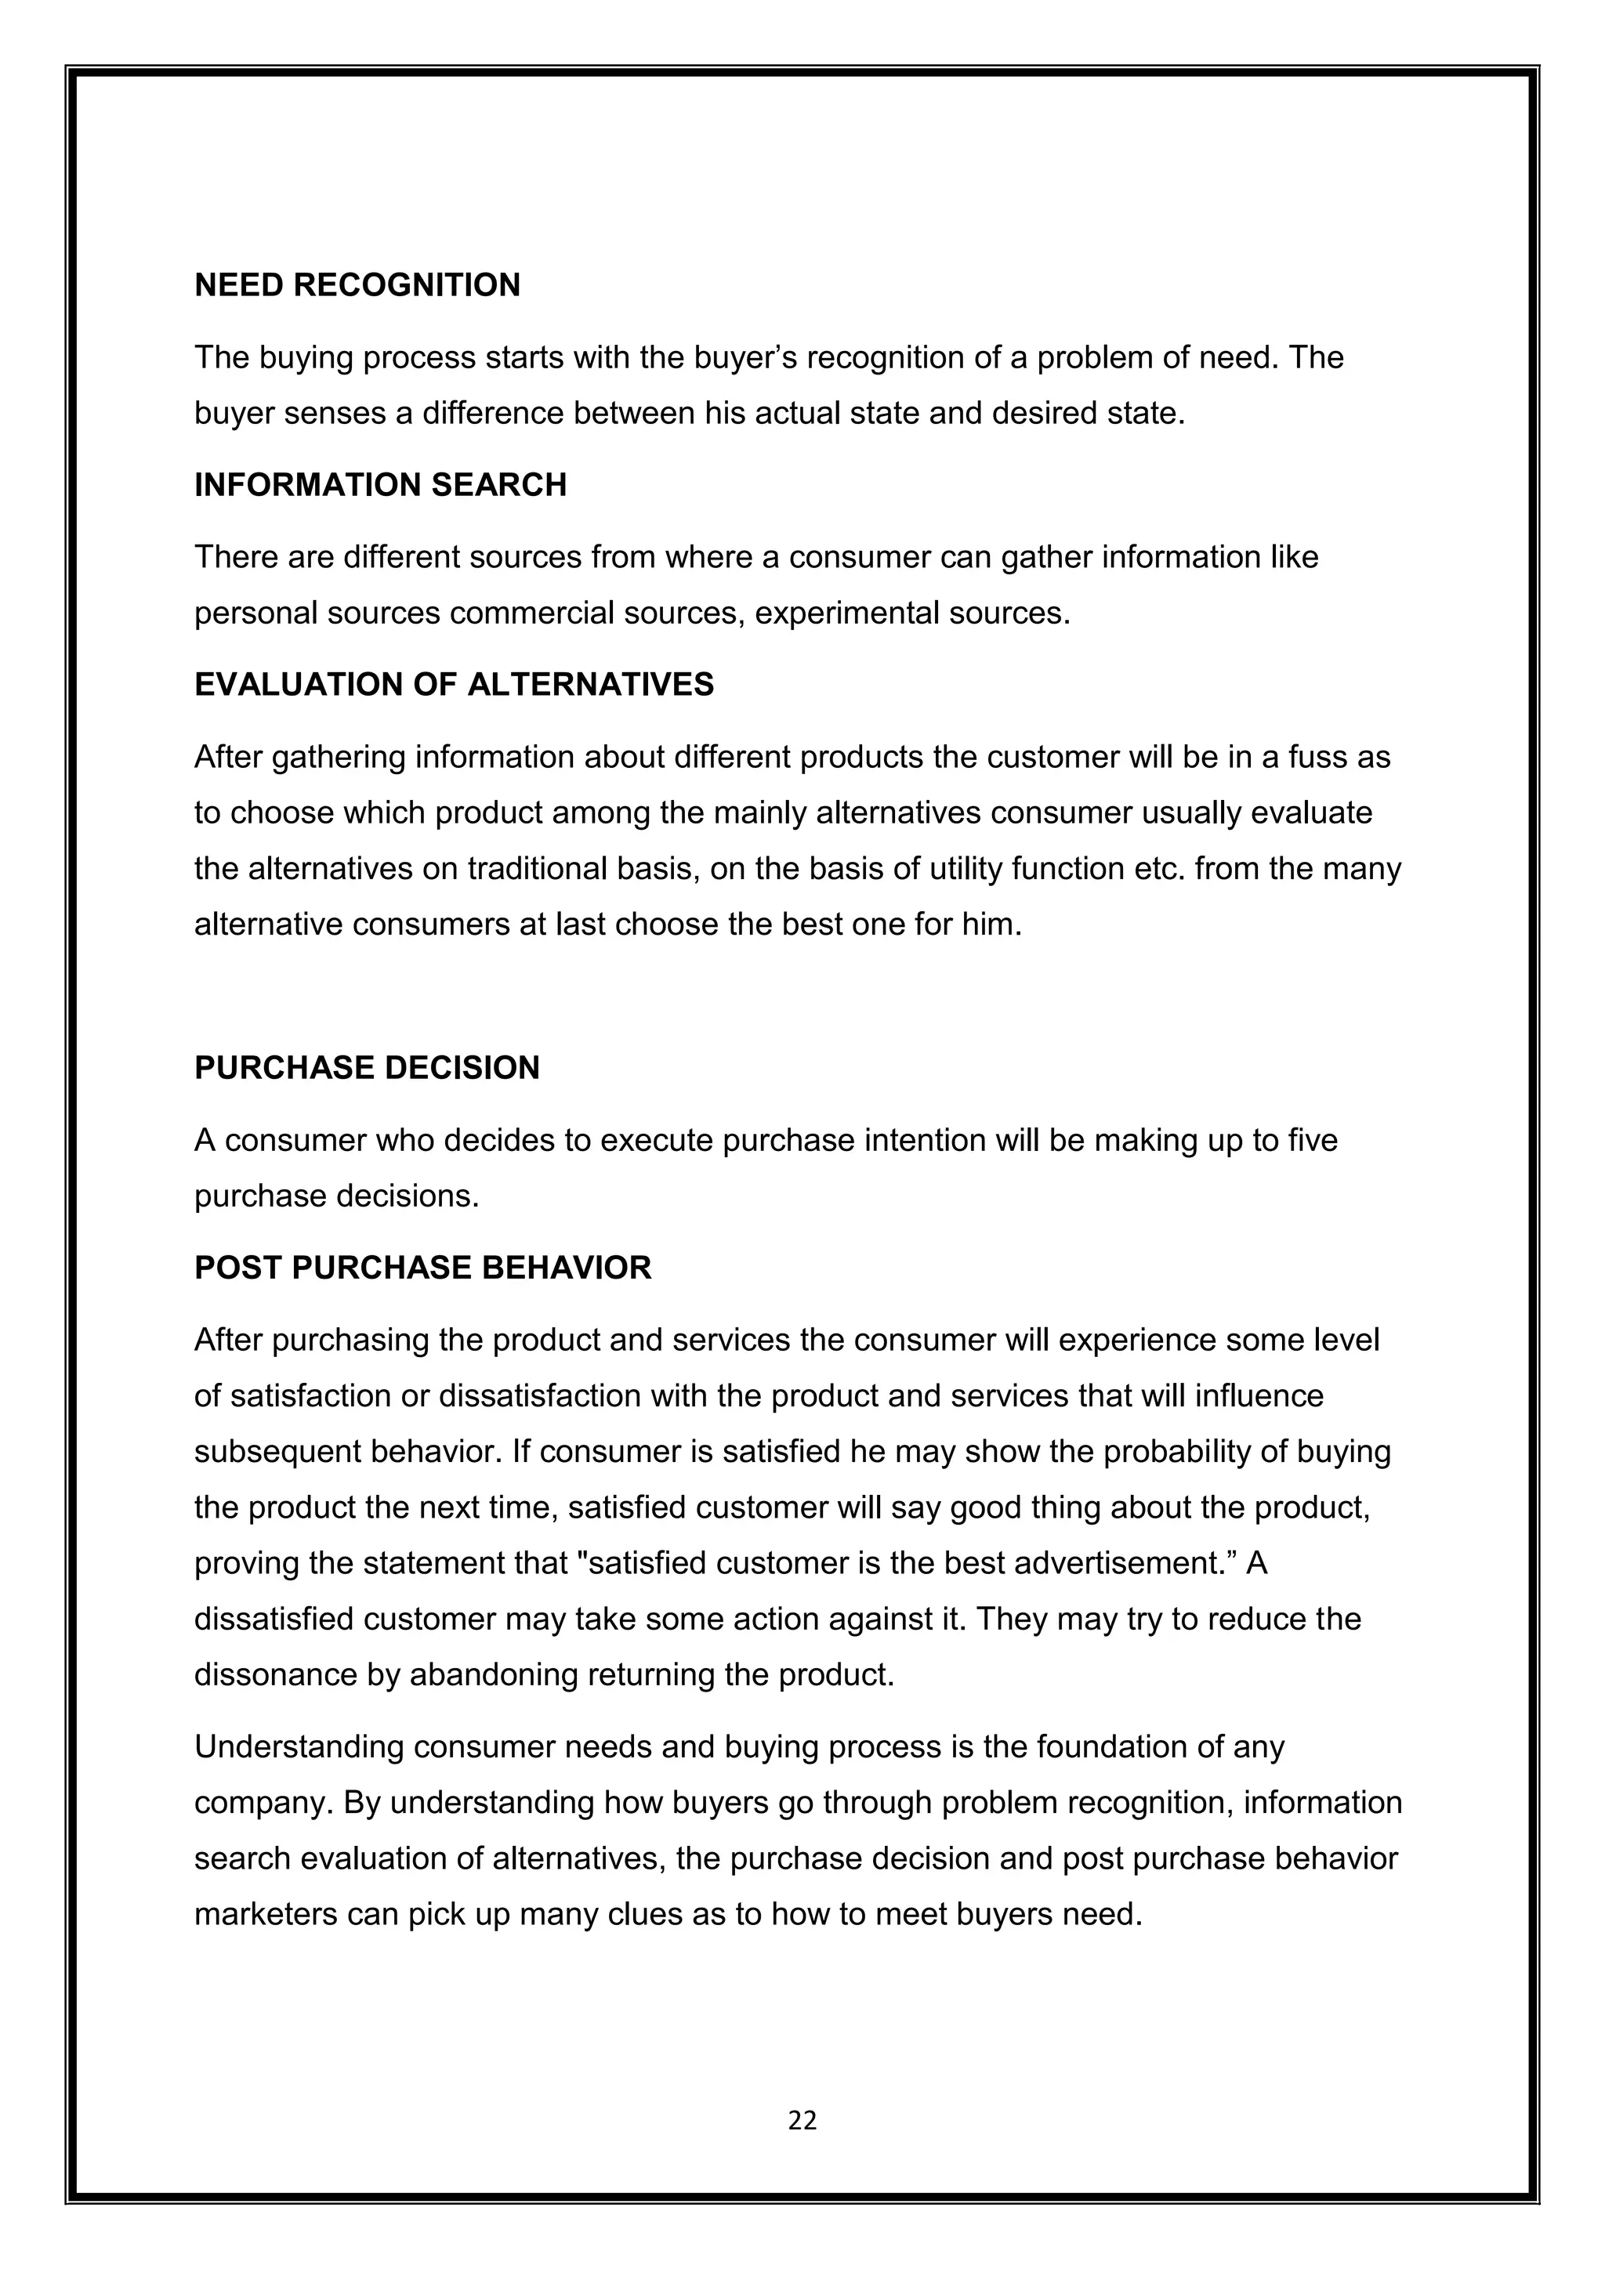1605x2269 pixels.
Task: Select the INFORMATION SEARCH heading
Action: pyautogui.click(x=381, y=484)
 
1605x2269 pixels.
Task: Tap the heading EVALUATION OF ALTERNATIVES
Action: pyautogui.click(x=454, y=684)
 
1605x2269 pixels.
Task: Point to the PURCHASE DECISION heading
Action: pyautogui.click(x=367, y=1067)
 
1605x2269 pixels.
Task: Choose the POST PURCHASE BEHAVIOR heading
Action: pyautogui.click(x=423, y=1267)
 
